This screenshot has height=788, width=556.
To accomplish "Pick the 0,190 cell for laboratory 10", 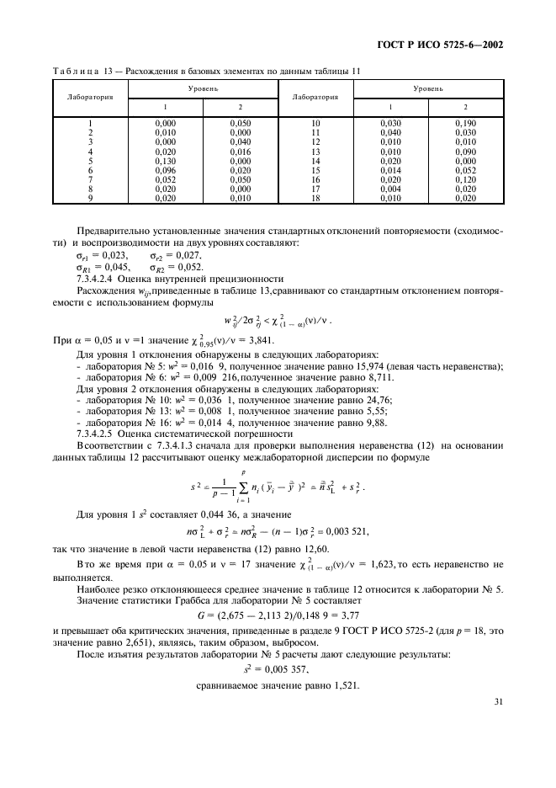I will coord(465,124).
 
